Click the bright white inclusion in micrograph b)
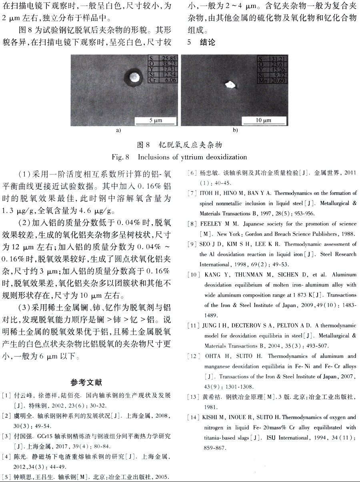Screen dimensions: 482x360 (230, 84)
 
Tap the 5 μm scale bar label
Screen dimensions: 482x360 (155, 120)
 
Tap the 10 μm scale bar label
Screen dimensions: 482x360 (264, 120)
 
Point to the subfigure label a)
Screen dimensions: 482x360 (118, 130)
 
